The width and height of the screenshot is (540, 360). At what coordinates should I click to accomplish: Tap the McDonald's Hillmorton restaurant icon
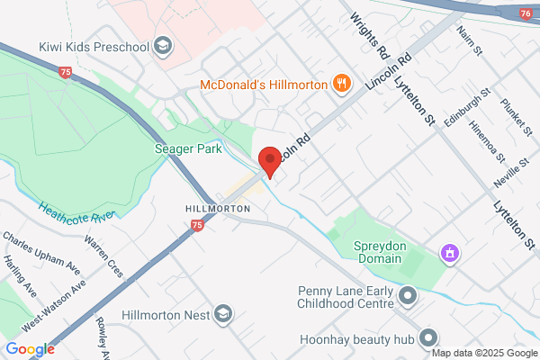tap(341, 85)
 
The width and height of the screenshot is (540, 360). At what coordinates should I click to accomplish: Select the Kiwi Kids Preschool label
tap(94, 46)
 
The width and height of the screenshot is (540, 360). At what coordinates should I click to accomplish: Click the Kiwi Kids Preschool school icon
tap(163, 45)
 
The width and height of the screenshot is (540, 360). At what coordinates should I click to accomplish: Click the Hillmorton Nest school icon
tap(222, 314)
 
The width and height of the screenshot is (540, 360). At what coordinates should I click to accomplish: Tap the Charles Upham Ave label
tap(41, 255)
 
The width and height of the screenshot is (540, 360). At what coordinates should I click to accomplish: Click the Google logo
tap(30, 349)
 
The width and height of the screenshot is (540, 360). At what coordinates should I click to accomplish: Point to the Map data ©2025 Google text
tap(486, 351)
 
